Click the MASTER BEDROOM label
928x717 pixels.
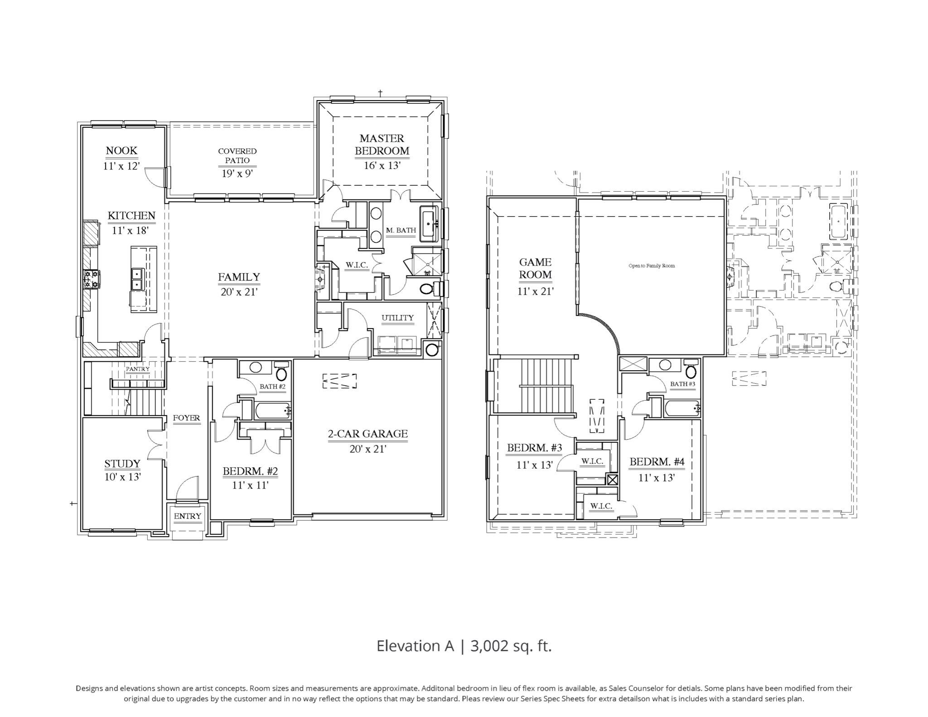(382, 145)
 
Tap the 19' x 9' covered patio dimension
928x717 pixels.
(237, 174)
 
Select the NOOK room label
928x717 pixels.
(121, 150)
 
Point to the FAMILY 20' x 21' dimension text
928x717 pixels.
(239, 292)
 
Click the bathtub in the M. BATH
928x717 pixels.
(429, 223)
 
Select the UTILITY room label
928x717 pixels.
(397, 318)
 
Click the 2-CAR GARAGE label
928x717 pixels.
(367, 434)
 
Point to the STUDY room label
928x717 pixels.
(122, 464)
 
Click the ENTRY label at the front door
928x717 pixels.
(187, 516)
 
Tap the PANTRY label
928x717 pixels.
(137, 369)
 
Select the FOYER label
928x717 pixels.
(186, 418)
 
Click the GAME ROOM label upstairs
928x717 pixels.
(535, 268)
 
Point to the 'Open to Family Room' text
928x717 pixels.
(652, 266)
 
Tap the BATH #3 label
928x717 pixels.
(682, 384)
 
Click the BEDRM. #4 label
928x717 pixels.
(657, 462)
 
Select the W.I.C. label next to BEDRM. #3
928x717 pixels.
(592, 461)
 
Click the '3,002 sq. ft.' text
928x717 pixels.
(511, 646)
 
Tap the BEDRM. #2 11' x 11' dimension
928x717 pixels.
(250, 485)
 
